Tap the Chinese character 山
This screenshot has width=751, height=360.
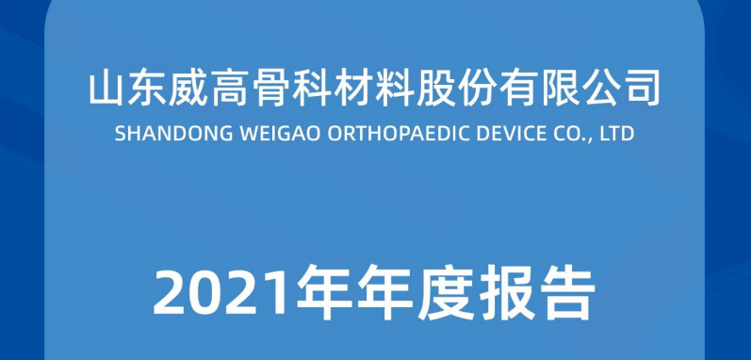coord(107,90)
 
